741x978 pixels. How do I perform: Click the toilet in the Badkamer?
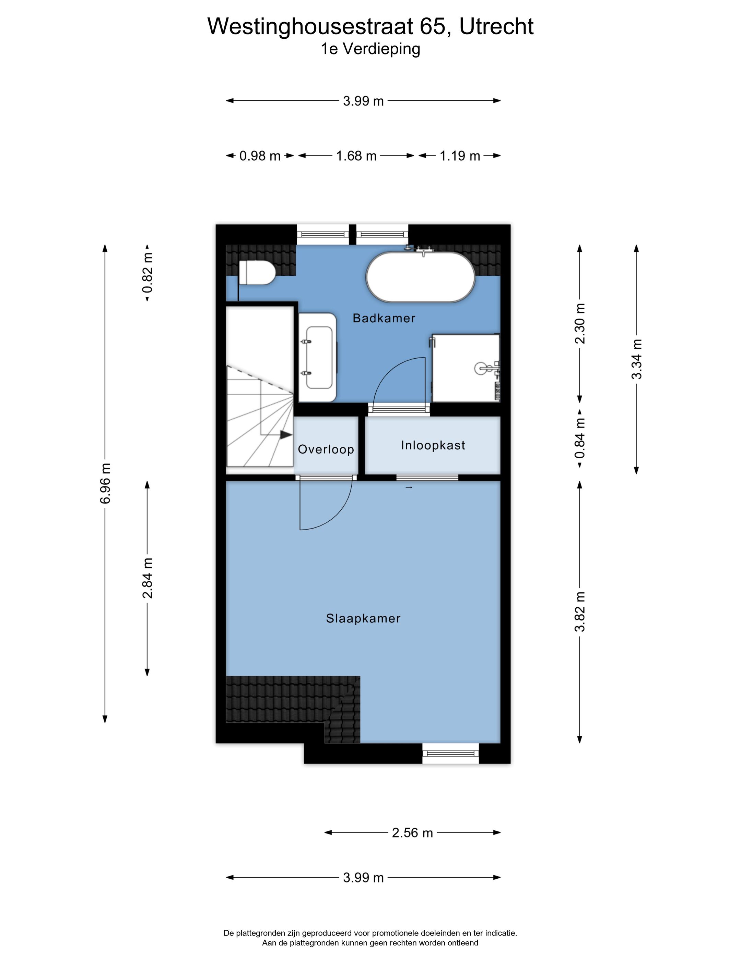pos(256,272)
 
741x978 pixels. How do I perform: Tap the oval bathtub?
pos(420,277)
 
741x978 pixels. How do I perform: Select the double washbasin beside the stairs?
pos(318,357)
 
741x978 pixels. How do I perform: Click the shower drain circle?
pos(481,368)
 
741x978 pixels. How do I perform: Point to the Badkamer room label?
pos(384,318)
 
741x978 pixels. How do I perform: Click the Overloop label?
pos(326,450)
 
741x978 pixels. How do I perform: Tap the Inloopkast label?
pos(433,445)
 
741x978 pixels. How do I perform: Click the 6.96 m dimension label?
pos(105,483)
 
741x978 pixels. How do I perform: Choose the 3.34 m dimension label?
pos(636,359)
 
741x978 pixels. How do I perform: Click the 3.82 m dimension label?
pos(580,611)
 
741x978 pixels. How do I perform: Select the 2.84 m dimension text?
pos(148,578)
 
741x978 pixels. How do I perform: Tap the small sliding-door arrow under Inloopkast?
pos(409,487)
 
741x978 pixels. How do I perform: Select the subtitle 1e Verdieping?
pos(370,49)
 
